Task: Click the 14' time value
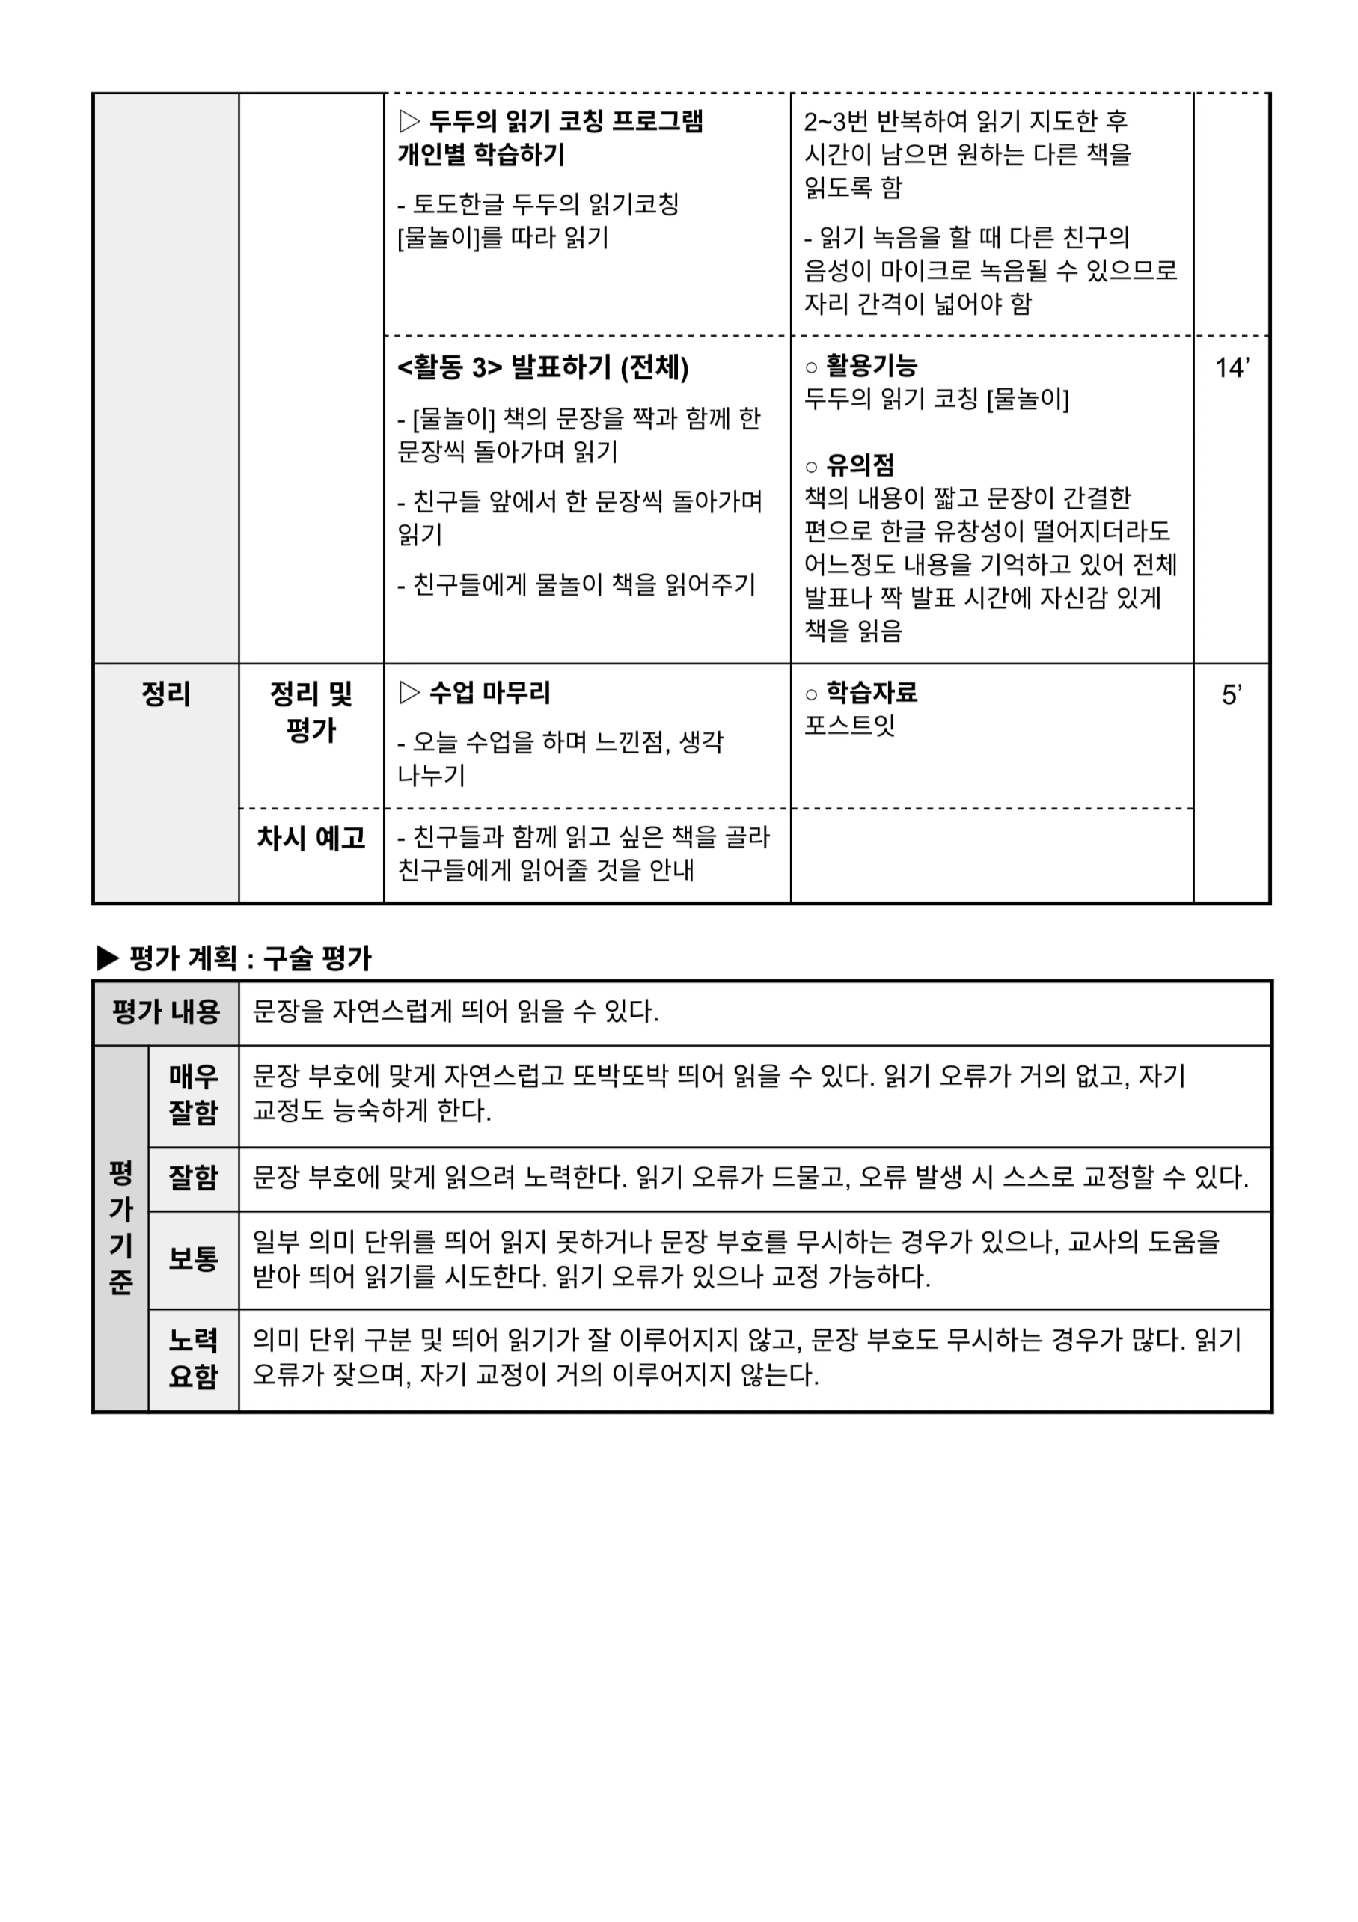(1232, 368)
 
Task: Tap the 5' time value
(1231, 695)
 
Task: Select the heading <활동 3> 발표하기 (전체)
(542, 367)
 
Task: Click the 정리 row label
(166, 694)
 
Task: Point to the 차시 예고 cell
(311, 838)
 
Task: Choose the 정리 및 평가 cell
(311, 711)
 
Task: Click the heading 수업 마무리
(490, 692)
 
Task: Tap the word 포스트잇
(850, 725)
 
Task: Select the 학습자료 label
(872, 692)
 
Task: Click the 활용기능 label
(872, 365)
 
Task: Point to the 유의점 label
(860, 465)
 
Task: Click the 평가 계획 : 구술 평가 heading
(249, 958)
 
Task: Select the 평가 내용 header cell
(166, 1012)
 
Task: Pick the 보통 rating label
(193, 1259)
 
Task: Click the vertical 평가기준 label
(121, 1227)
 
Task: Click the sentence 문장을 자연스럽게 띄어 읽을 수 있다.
(456, 1012)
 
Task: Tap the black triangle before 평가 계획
(108, 958)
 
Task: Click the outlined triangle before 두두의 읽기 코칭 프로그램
(409, 121)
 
